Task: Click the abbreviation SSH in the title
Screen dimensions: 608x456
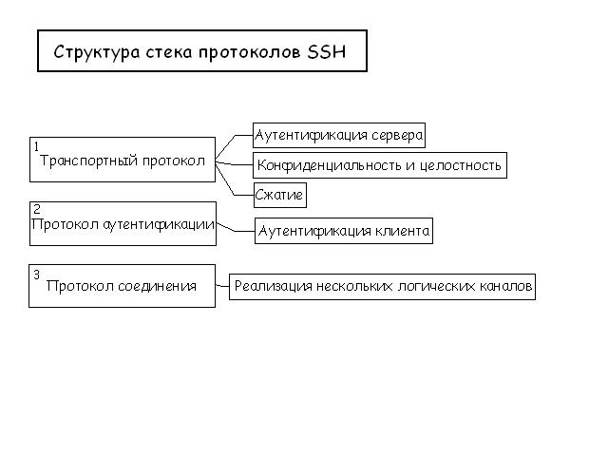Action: coord(326,51)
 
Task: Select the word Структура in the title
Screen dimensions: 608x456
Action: coord(97,52)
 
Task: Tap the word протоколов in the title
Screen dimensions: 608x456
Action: coord(249,52)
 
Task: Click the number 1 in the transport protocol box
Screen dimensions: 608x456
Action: coord(36,146)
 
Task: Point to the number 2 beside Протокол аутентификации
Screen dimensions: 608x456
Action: coord(37,209)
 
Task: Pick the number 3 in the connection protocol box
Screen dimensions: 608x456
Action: coord(36,275)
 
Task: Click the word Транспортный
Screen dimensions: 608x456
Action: coord(88,161)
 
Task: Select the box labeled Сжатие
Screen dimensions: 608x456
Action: coord(280,195)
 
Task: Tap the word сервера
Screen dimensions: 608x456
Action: coord(397,135)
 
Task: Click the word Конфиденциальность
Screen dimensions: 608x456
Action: coord(330,165)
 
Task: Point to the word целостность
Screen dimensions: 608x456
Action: coord(460,165)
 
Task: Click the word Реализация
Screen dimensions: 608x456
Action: coord(273,286)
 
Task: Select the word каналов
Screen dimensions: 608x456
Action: coord(505,286)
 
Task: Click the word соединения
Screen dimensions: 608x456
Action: coord(157,286)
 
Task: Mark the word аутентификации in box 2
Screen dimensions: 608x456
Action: coord(159,225)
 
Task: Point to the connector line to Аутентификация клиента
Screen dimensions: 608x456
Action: coord(236,228)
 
